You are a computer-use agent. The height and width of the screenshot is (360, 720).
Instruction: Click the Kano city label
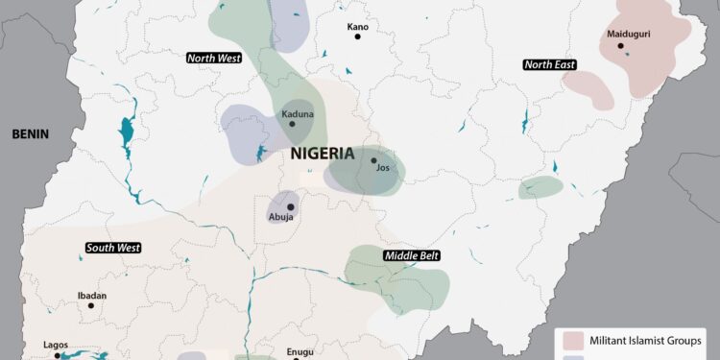pyautogui.click(x=357, y=26)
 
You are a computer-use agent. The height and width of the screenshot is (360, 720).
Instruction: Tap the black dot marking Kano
pyautogui.click(x=357, y=36)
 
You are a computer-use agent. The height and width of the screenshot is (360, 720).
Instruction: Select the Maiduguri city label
pyautogui.click(x=629, y=35)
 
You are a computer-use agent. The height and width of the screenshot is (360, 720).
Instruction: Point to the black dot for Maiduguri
pyautogui.click(x=621, y=45)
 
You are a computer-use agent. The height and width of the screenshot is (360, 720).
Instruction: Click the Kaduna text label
pyautogui.click(x=297, y=116)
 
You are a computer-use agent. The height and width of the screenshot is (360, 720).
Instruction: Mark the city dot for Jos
pyautogui.click(x=374, y=160)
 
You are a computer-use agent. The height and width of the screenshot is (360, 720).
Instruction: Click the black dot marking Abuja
pyautogui.click(x=290, y=206)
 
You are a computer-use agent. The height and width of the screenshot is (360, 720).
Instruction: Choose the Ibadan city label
pyautogui.click(x=92, y=296)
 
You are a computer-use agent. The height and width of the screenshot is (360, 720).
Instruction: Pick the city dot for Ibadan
pyautogui.click(x=91, y=306)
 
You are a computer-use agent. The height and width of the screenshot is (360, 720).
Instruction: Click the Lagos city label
pyautogui.click(x=56, y=345)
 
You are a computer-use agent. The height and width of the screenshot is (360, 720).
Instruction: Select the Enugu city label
pyautogui.click(x=300, y=351)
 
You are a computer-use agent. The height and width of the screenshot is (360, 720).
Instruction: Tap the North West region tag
pyautogui.click(x=213, y=59)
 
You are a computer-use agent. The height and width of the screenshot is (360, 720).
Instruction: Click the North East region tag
pyautogui.click(x=550, y=64)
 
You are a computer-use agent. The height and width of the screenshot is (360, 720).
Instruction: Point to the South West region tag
pyautogui.click(x=113, y=248)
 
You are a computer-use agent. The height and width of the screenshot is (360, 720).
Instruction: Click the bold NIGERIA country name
pyautogui.click(x=323, y=154)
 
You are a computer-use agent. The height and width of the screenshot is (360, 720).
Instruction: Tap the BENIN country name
pyautogui.click(x=30, y=135)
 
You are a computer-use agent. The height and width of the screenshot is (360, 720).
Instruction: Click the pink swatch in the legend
pyautogui.click(x=574, y=341)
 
